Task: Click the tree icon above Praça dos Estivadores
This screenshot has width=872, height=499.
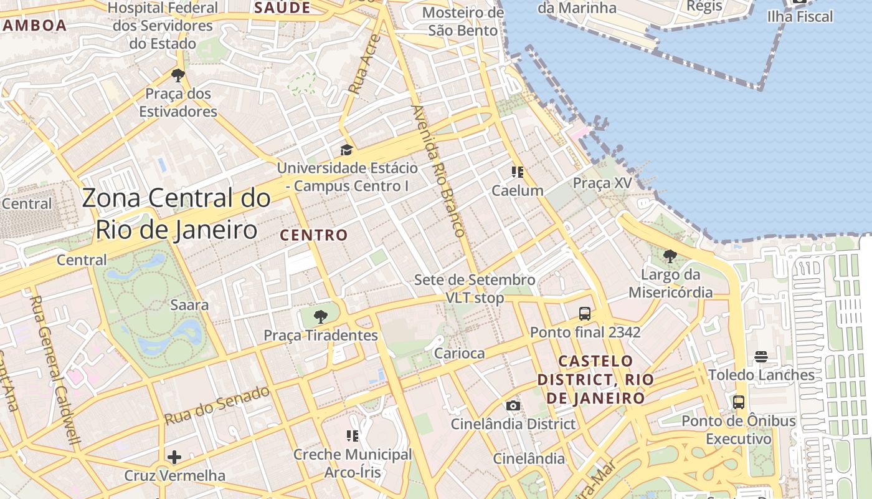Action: pyautogui.click(x=178, y=76)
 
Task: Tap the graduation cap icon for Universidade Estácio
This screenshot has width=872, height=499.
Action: pyautogui.click(x=346, y=150)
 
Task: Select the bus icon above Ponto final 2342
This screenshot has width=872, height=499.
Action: pyautogui.click(x=584, y=314)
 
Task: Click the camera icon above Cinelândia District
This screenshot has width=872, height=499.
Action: pyautogui.click(x=513, y=406)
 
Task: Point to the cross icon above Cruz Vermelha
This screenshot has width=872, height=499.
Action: pyautogui.click(x=174, y=457)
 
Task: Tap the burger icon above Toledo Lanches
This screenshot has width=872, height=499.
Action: pyautogui.click(x=761, y=357)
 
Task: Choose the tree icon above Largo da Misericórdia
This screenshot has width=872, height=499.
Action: pyautogui.click(x=670, y=256)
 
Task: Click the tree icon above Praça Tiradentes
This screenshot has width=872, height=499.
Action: pyautogui.click(x=320, y=316)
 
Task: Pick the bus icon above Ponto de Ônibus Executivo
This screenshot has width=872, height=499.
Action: pyautogui.click(x=739, y=402)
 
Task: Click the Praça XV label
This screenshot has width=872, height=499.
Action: pyautogui.click(x=602, y=183)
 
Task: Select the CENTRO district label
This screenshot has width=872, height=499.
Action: pyautogui.click(x=313, y=235)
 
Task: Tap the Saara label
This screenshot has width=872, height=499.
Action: pyautogui.click(x=189, y=305)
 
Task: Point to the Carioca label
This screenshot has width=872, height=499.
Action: pyautogui.click(x=459, y=354)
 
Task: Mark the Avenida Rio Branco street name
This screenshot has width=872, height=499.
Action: pyautogui.click(x=438, y=170)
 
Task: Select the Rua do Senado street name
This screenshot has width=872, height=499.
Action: pyautogui.click(x=217, y=405)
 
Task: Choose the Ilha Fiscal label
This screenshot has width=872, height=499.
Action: pyautogui.click(x=800, y=16)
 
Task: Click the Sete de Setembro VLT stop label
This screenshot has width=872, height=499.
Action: pyautogui.click(x=475, y=288)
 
